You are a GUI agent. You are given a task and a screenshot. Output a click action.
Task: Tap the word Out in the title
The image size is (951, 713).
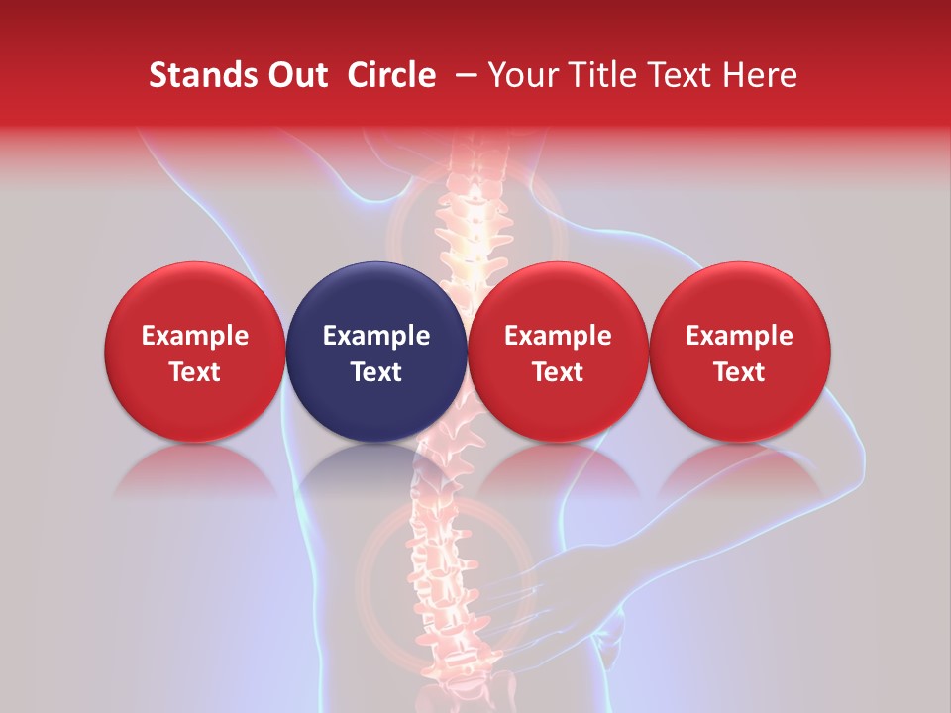coord(295,75)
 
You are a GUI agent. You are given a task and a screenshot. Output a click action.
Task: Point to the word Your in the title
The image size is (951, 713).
coord(524,75)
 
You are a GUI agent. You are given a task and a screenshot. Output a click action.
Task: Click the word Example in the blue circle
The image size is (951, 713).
coord(376,336)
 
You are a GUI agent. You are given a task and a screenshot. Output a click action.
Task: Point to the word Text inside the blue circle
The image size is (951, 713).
coord(376,372)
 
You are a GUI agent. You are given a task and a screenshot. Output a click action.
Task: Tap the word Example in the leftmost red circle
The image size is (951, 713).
coord(195,336)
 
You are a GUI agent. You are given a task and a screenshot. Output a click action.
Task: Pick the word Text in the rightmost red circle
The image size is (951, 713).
coord(740,372)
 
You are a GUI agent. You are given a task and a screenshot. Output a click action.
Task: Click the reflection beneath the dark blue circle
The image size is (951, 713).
coord(376,470)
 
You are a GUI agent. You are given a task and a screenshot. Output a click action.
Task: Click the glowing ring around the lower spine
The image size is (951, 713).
coord(371,555)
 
